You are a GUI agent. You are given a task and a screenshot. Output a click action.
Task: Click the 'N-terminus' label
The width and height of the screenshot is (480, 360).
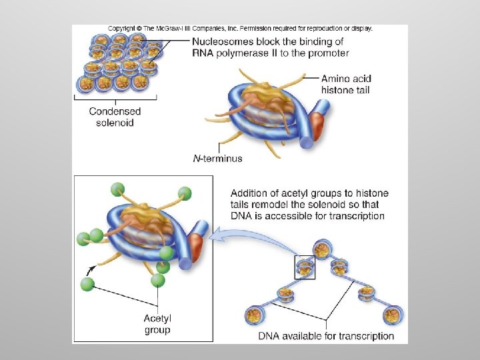pos(217,159)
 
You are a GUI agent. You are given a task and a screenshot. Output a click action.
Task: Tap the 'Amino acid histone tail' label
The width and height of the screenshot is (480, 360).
pos(345,84)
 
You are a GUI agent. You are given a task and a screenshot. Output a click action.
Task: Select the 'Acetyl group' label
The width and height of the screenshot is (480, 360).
pos(157,324)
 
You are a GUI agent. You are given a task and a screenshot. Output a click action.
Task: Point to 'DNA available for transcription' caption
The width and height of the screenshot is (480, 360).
pos(326,336)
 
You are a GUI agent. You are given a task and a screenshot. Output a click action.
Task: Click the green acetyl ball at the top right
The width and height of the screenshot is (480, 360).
pos(184,194)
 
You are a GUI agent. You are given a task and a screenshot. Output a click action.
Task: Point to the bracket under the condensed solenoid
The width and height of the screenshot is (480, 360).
pos(115,99)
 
